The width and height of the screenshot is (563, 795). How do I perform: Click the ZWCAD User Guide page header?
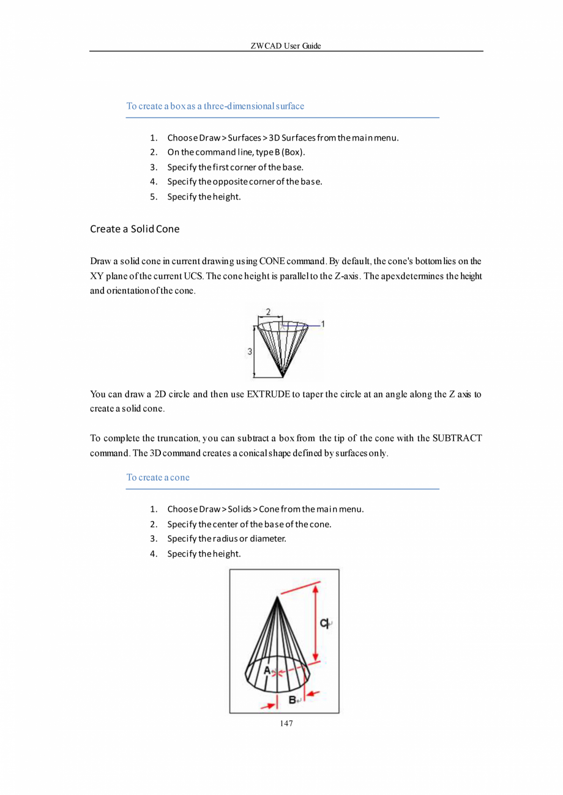pos(286,46)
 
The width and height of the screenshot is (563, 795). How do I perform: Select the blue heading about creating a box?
pos(215,106)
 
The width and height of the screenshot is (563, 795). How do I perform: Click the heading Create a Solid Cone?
pos(135,229)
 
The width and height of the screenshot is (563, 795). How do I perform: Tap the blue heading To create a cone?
pos(158,477)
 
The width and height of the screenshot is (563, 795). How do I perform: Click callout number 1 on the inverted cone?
pos(323,324)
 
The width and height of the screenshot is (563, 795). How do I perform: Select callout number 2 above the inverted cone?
pos(269,312)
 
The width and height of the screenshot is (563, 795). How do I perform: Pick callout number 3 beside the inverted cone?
pos(250,352)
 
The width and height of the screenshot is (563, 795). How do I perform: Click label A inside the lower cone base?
pos(267,670)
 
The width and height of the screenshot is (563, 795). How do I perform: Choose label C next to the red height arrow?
pos(324,623)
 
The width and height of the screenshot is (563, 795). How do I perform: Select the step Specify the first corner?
pos(235,166)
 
